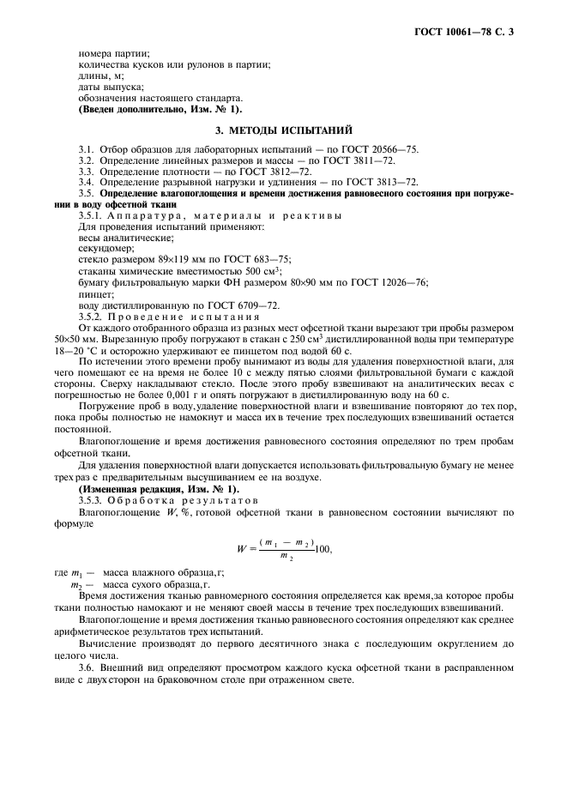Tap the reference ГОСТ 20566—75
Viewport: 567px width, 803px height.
pyautogui.click(x=381, y=149)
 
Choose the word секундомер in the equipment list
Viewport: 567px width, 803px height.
pyautogui.click(x=101, y=248)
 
